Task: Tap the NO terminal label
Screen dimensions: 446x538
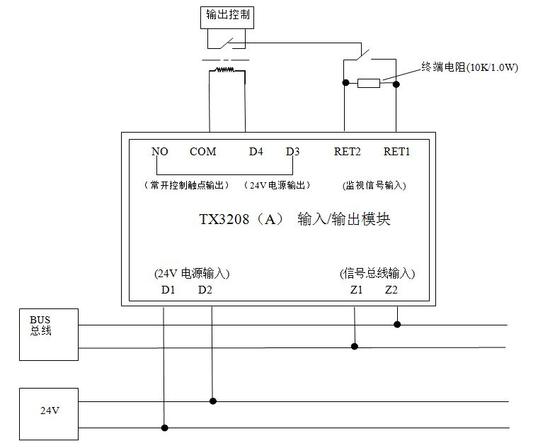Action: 159,151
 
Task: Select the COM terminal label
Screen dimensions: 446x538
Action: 203,151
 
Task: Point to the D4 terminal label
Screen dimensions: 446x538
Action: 256,151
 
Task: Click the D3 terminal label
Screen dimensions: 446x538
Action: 292,151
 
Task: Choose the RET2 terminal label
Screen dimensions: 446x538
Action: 347,151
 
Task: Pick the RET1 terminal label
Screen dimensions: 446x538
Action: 396,151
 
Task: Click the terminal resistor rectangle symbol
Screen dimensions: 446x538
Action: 369,83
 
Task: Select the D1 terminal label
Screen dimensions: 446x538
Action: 168,290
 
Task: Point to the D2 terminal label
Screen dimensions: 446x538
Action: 205,290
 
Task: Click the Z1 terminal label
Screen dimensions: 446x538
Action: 355,290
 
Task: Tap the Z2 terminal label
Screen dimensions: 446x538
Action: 392,290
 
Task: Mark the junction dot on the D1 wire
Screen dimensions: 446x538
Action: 165,428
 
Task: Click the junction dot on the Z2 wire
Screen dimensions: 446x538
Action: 397,325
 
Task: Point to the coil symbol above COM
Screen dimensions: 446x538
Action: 225,69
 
